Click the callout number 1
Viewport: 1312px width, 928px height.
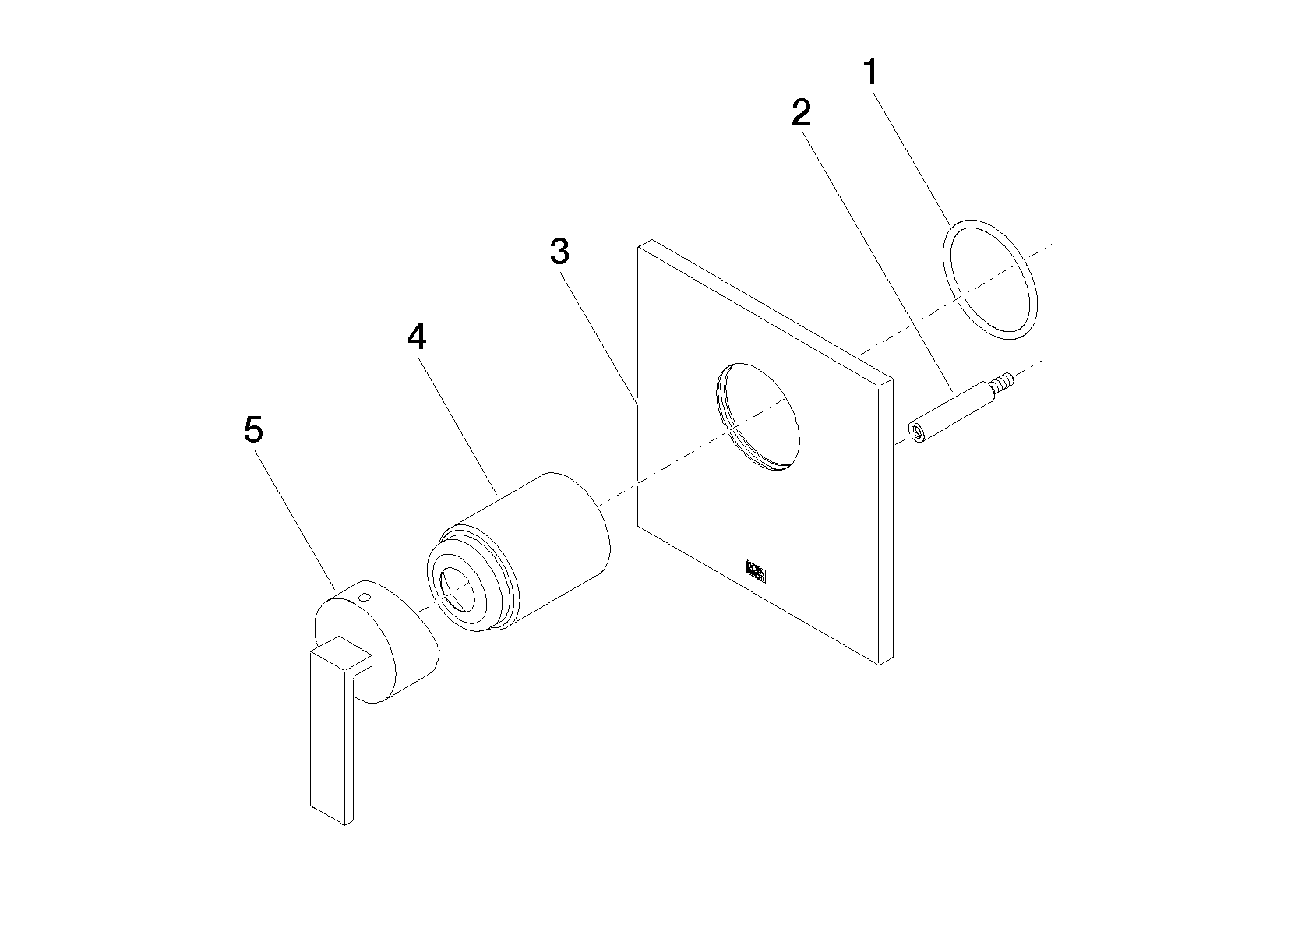click(871, 72)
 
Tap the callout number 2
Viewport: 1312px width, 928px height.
click(801, 112)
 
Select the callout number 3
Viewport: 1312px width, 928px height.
click(559, 252)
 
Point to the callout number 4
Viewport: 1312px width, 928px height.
click(417, 337)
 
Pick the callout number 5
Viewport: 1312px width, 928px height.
click(254, 430)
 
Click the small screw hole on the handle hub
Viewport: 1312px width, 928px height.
click(365, 598)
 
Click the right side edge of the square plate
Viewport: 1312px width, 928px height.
click(886, 521)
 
